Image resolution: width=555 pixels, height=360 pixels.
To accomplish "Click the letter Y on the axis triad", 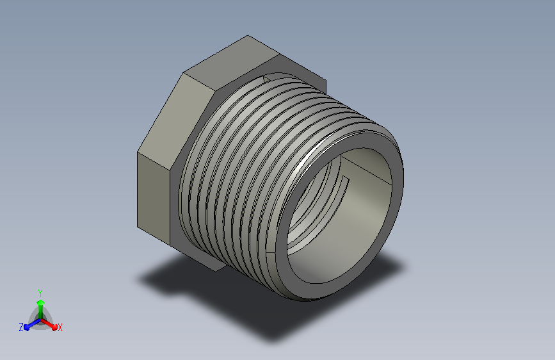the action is pos(40,293).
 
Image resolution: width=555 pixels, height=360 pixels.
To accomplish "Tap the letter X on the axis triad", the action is pos(60,327).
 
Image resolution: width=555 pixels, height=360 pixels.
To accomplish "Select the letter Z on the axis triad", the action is pos(21,327).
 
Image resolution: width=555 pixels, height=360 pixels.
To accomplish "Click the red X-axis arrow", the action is pos(49,324).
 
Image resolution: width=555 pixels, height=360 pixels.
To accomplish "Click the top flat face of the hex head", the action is pos(232,62).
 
